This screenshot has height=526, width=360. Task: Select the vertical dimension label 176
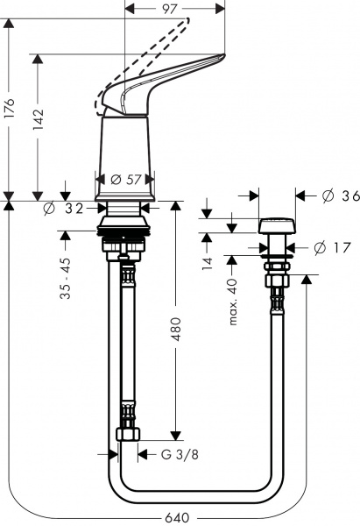(x=10, y=109)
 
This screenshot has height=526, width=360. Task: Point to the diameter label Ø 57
(x=127, y=179)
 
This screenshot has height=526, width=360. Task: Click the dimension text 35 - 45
(x=65, y=280)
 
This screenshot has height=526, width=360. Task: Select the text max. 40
(x=234, y=301)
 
